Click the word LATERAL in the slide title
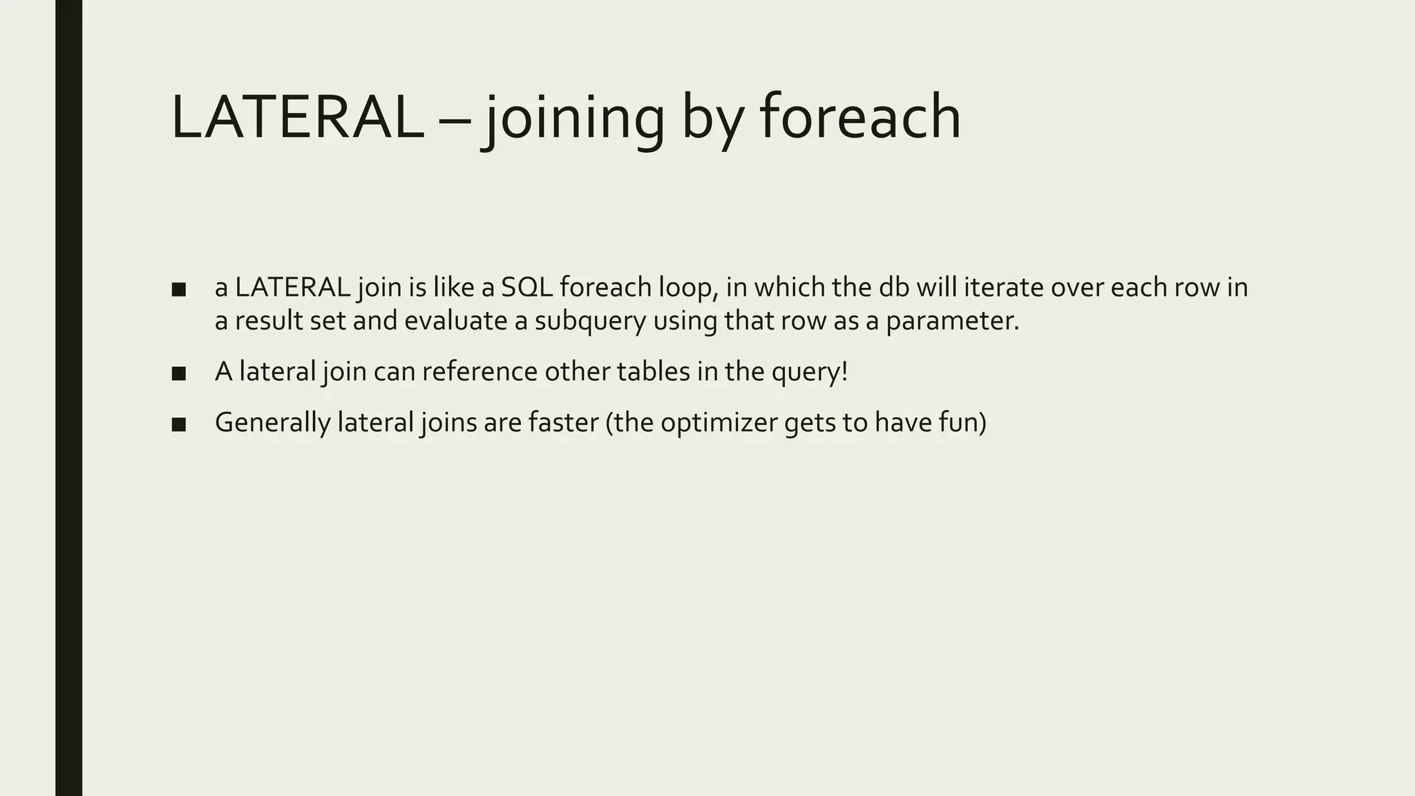tap(297, 117)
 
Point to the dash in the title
tap(455, 121)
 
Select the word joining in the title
tap(573, 117)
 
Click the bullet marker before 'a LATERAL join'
tap(179, 290)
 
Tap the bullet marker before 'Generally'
tap(179, 424)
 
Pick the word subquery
tap(589, 322)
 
